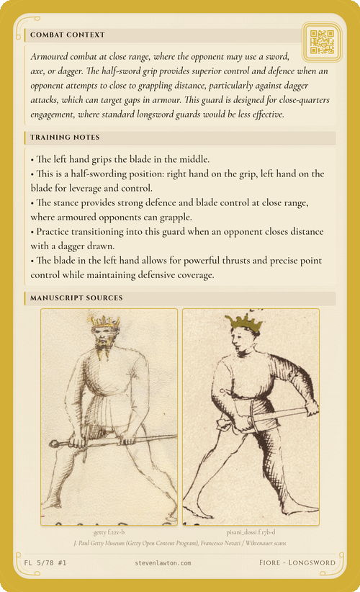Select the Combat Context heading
point(68,35)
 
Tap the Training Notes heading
point(65,137)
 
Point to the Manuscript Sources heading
point(76,297)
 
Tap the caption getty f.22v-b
point(109,532)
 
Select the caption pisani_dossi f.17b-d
point(250,532)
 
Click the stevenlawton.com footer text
point(163,562)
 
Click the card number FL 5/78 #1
point(45,562)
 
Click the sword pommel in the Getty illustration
point(52,441)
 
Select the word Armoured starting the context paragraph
point(53,56)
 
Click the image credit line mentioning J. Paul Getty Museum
point(180,541)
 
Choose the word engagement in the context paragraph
point(58,114)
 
